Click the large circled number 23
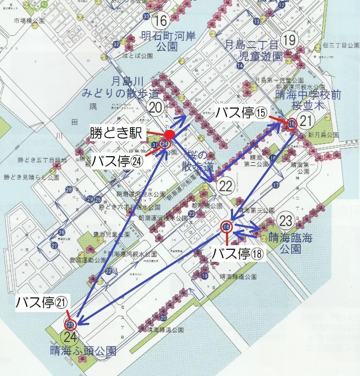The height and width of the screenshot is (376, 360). (x=286, y=221)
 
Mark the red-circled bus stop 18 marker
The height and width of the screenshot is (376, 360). (x=227, y=227)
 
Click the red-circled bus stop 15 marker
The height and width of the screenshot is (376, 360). (x=292, y=124)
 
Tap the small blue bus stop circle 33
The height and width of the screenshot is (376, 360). (x=147, y=17)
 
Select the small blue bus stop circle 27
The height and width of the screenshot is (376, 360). (x=54, y=246)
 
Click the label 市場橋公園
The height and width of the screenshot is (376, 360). (x=30, y=21)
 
